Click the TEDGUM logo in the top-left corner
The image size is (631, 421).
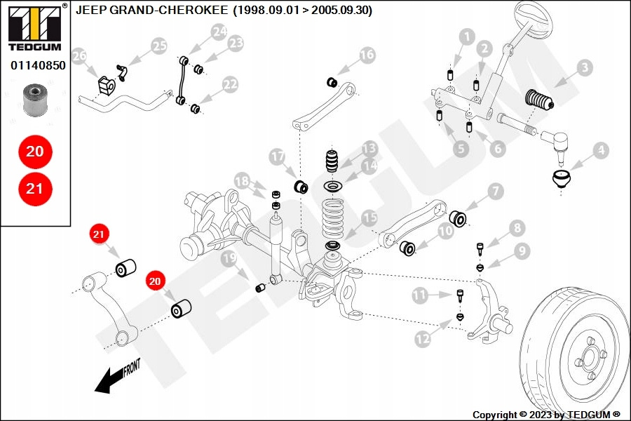35,27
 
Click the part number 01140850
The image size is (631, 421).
38,65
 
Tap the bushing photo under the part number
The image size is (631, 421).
35,100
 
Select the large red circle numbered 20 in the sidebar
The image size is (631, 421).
35,152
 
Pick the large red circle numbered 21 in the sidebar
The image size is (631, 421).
35,189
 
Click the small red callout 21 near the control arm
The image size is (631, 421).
99,234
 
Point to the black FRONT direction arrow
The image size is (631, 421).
118,375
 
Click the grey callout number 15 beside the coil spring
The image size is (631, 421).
369,218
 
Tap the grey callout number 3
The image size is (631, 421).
585,67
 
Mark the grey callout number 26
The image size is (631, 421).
79,55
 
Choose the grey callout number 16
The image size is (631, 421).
367,55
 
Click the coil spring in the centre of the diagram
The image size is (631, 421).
333,220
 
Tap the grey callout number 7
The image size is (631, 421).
496,191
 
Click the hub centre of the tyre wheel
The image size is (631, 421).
590,358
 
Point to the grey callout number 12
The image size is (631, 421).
423,339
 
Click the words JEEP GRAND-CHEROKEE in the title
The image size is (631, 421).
151,10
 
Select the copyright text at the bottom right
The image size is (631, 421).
546,415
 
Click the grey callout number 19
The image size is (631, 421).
229,258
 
